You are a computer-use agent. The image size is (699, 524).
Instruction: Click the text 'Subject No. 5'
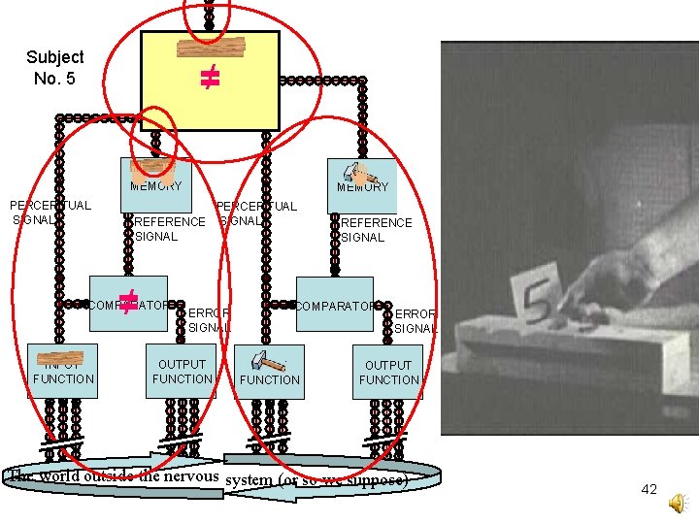click(x=54, y=67)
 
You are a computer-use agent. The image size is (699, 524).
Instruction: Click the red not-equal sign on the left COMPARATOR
click(x=126, y=302)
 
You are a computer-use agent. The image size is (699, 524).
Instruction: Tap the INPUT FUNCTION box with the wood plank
click(x=64, y=370)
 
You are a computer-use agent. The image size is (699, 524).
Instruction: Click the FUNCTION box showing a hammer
click(x=269, y=370)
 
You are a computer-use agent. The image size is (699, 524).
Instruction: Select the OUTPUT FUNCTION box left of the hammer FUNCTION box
click(x=183, y=371)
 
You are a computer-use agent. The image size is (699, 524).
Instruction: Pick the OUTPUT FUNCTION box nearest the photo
click(x=388, y=372)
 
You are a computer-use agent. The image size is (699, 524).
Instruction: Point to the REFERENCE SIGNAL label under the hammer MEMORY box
click(x=377, y=230)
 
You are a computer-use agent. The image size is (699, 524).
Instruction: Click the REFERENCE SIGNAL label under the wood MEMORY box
click(x=170, y=229)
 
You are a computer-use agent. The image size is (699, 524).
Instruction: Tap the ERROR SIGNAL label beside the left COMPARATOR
click(x=209, y=320)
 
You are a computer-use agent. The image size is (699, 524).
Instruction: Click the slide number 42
click(x=649, y=490)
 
